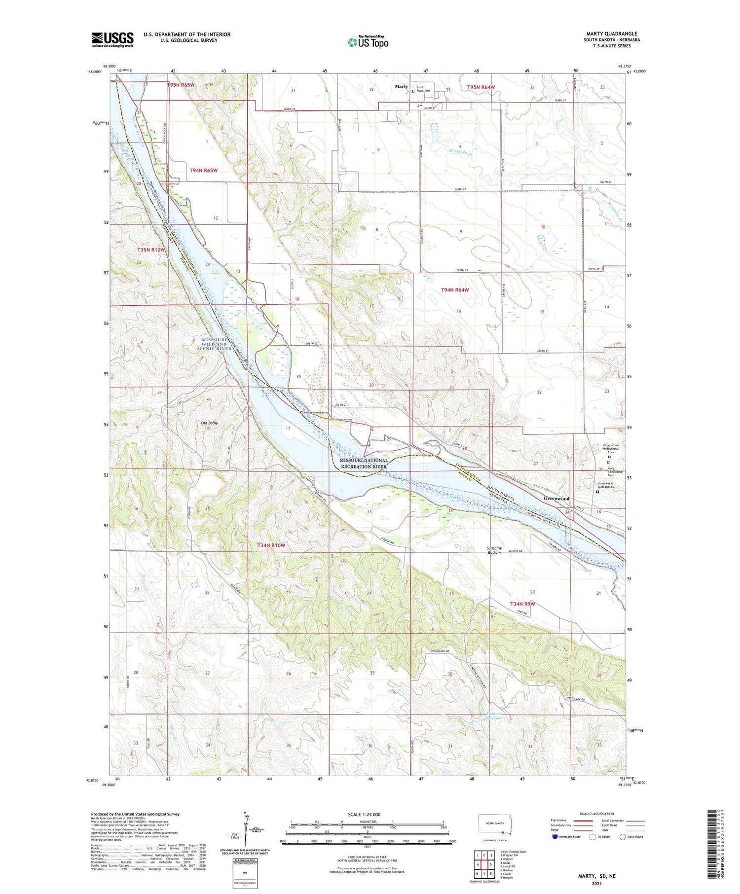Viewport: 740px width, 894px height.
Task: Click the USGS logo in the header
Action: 112,39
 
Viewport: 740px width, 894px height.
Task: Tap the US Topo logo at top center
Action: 368,42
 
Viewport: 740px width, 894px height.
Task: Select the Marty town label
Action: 401,87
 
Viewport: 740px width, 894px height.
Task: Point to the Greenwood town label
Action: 556,499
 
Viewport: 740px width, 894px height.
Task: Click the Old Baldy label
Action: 209,423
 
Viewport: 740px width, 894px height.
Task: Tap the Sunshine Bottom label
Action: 494,550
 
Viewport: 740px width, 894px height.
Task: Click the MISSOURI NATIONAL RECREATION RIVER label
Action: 364,463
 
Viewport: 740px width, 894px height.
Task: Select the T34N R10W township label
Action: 271,545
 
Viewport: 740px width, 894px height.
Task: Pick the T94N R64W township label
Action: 454,290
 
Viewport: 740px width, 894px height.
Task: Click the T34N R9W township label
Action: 522,604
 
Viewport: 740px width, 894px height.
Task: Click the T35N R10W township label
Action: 150,250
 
